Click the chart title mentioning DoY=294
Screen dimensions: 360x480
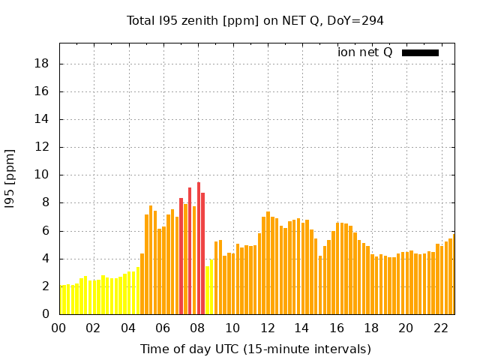coord(255,20)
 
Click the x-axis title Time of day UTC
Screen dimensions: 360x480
coord(255,349)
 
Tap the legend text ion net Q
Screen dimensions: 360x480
coord(364,52)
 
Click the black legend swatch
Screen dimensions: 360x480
coord(420,52)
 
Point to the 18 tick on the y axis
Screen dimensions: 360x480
coord(43,64)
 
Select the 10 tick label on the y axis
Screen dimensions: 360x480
coord(43,175)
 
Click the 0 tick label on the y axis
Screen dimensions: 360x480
coord(46,314)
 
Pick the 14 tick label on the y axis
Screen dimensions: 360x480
coord(43,119)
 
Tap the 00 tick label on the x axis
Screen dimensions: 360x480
coord(58,328)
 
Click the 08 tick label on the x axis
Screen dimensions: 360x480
coord(197,328)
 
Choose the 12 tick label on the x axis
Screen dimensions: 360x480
coord(267,328)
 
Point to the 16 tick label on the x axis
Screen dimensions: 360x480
coord(336,328)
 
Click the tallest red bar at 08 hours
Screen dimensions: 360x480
coord(199,247)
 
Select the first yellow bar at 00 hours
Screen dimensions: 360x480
coord(62,300)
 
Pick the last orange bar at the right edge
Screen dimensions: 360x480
coord(453,274)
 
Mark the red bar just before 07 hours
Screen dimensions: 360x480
coord(181,255)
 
